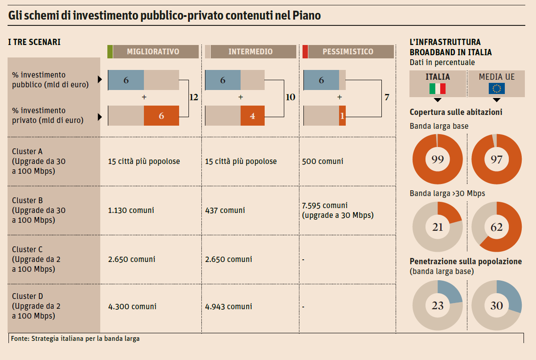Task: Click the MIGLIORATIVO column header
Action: (153, 52)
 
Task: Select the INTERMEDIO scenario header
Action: (250, 52)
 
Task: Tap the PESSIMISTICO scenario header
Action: (348, 52)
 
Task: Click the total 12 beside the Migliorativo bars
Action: (193, 97)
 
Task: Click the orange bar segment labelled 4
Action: (252, 116)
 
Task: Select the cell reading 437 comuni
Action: (225, 210)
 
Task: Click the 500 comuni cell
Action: (323, 161)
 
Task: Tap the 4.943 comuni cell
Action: (229, 307)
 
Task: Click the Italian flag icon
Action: (438, 89)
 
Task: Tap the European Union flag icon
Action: (496, 89)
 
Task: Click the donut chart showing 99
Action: (438, 159)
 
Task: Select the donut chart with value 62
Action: (496, 227)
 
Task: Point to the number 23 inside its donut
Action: (438, 306)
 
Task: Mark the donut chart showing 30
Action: (496, 306)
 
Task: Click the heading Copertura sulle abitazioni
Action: (456, 112)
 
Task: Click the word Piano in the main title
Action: (307, 16)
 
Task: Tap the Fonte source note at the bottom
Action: (74, 339)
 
